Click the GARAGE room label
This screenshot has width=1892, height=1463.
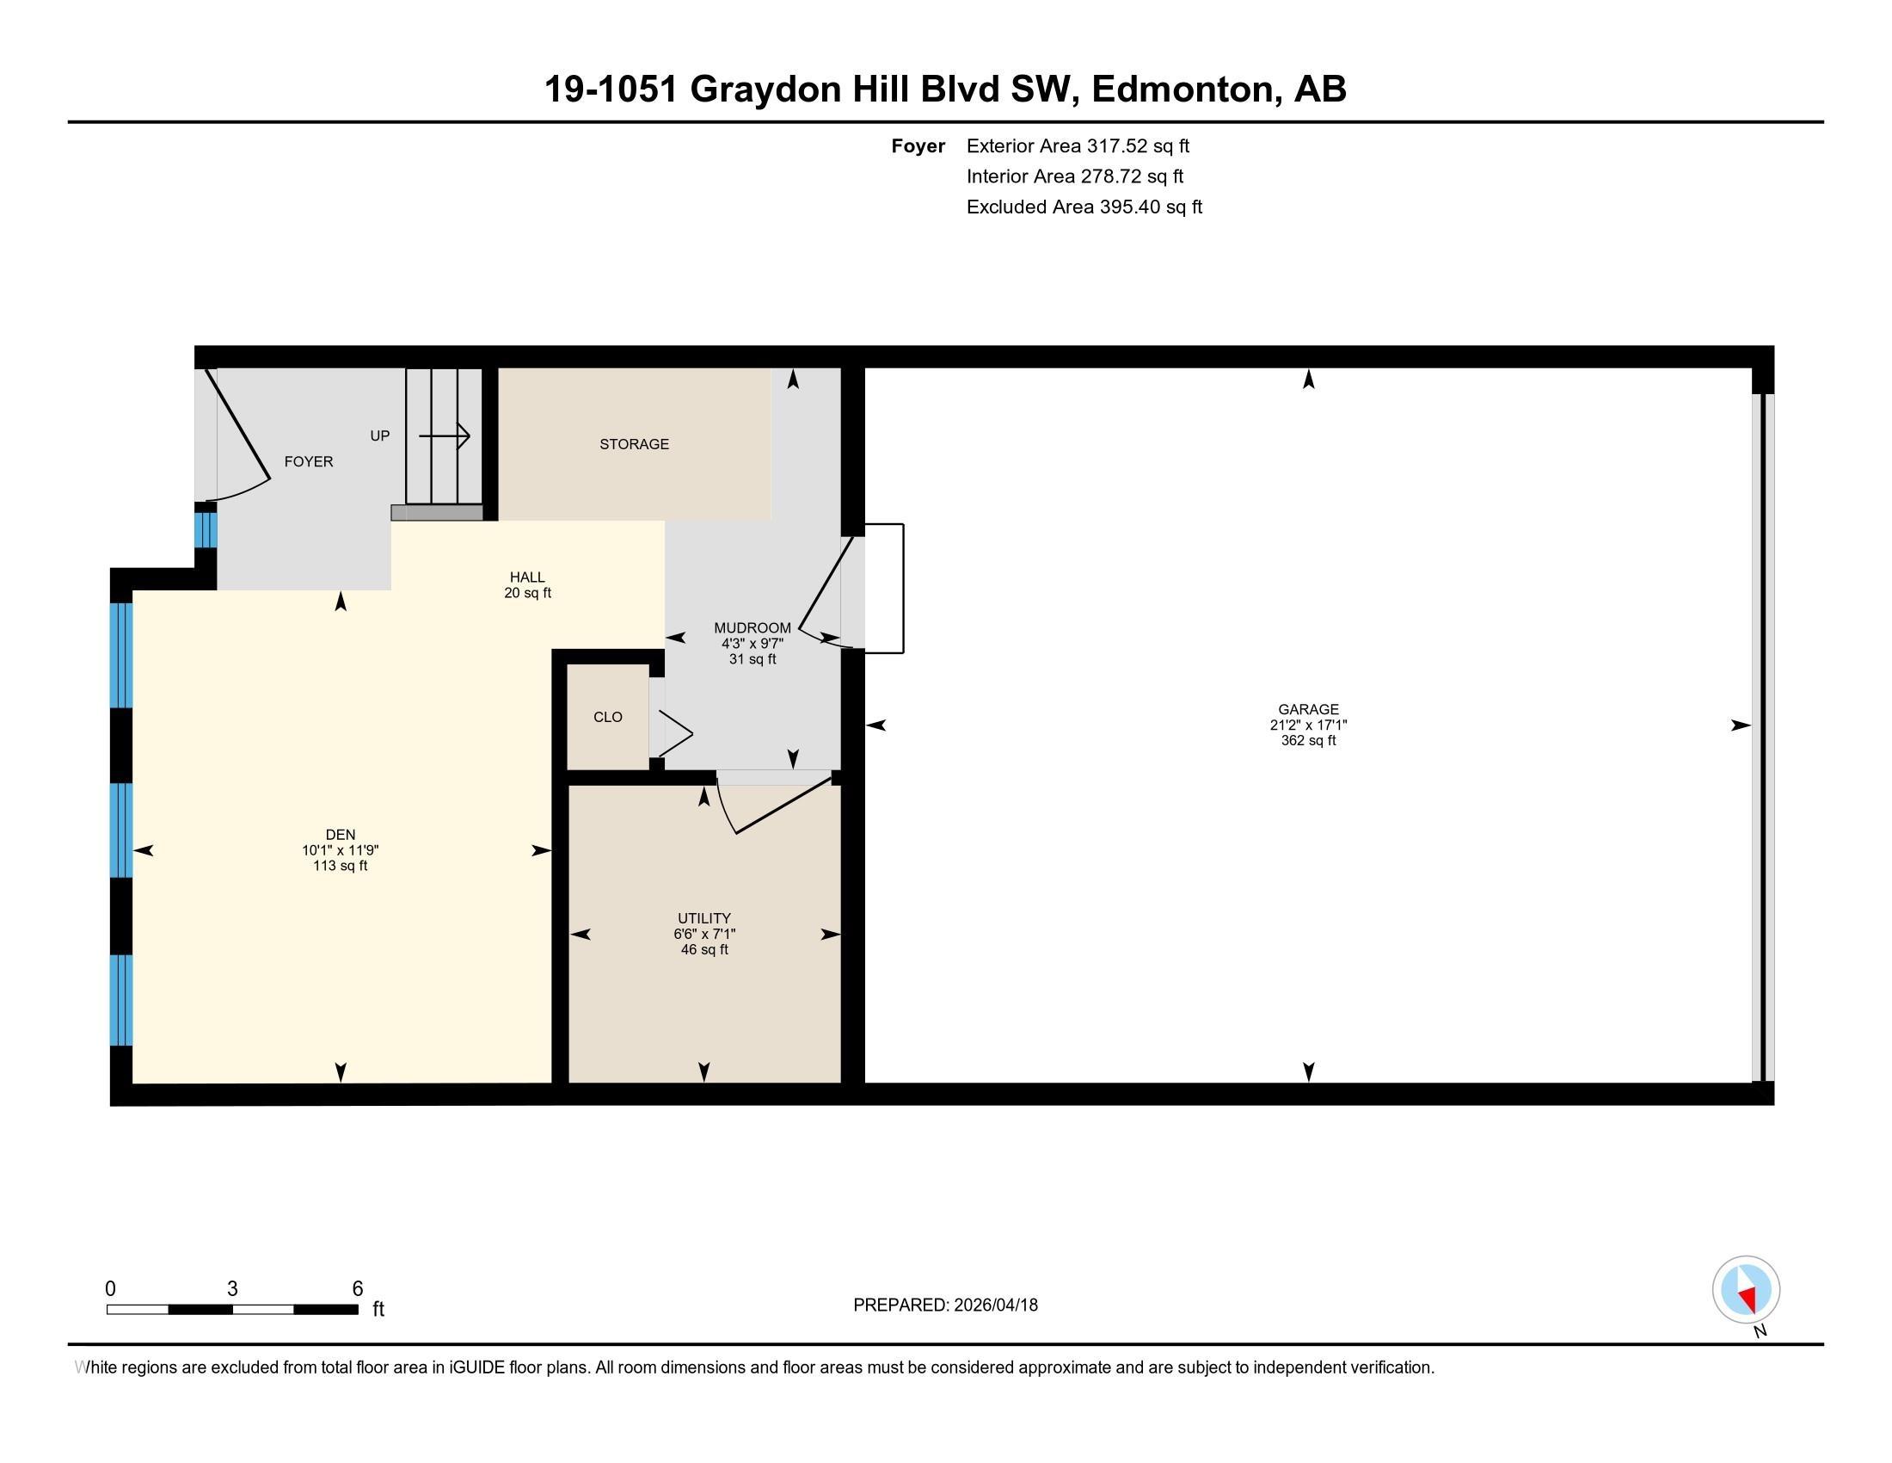(1308, 709)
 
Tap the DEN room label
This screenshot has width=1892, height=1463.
(341, 835)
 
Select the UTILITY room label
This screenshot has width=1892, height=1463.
(704, 918)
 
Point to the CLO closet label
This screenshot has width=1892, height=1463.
(608, 717)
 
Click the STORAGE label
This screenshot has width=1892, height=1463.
(634, 444)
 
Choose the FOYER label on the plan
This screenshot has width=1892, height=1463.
(309, 461)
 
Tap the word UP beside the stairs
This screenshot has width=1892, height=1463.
(380, 436)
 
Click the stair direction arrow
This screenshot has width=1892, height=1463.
(445, 436)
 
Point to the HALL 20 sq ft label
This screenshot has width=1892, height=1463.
(527, 585)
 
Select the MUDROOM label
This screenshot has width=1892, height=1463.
(752, 627)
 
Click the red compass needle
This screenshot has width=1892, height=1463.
(1748, 1298)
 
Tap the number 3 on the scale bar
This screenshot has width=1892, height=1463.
(232, 1289)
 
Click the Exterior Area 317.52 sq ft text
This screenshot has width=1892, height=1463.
(1078, 145)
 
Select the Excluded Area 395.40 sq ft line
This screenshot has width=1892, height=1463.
(1084, 207)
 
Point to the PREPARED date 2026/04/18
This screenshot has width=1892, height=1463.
(945, 1305)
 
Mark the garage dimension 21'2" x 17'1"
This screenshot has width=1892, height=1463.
(1308, 725)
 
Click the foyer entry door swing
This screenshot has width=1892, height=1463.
(236, 435)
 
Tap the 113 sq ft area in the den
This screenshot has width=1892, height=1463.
(341, 866)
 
